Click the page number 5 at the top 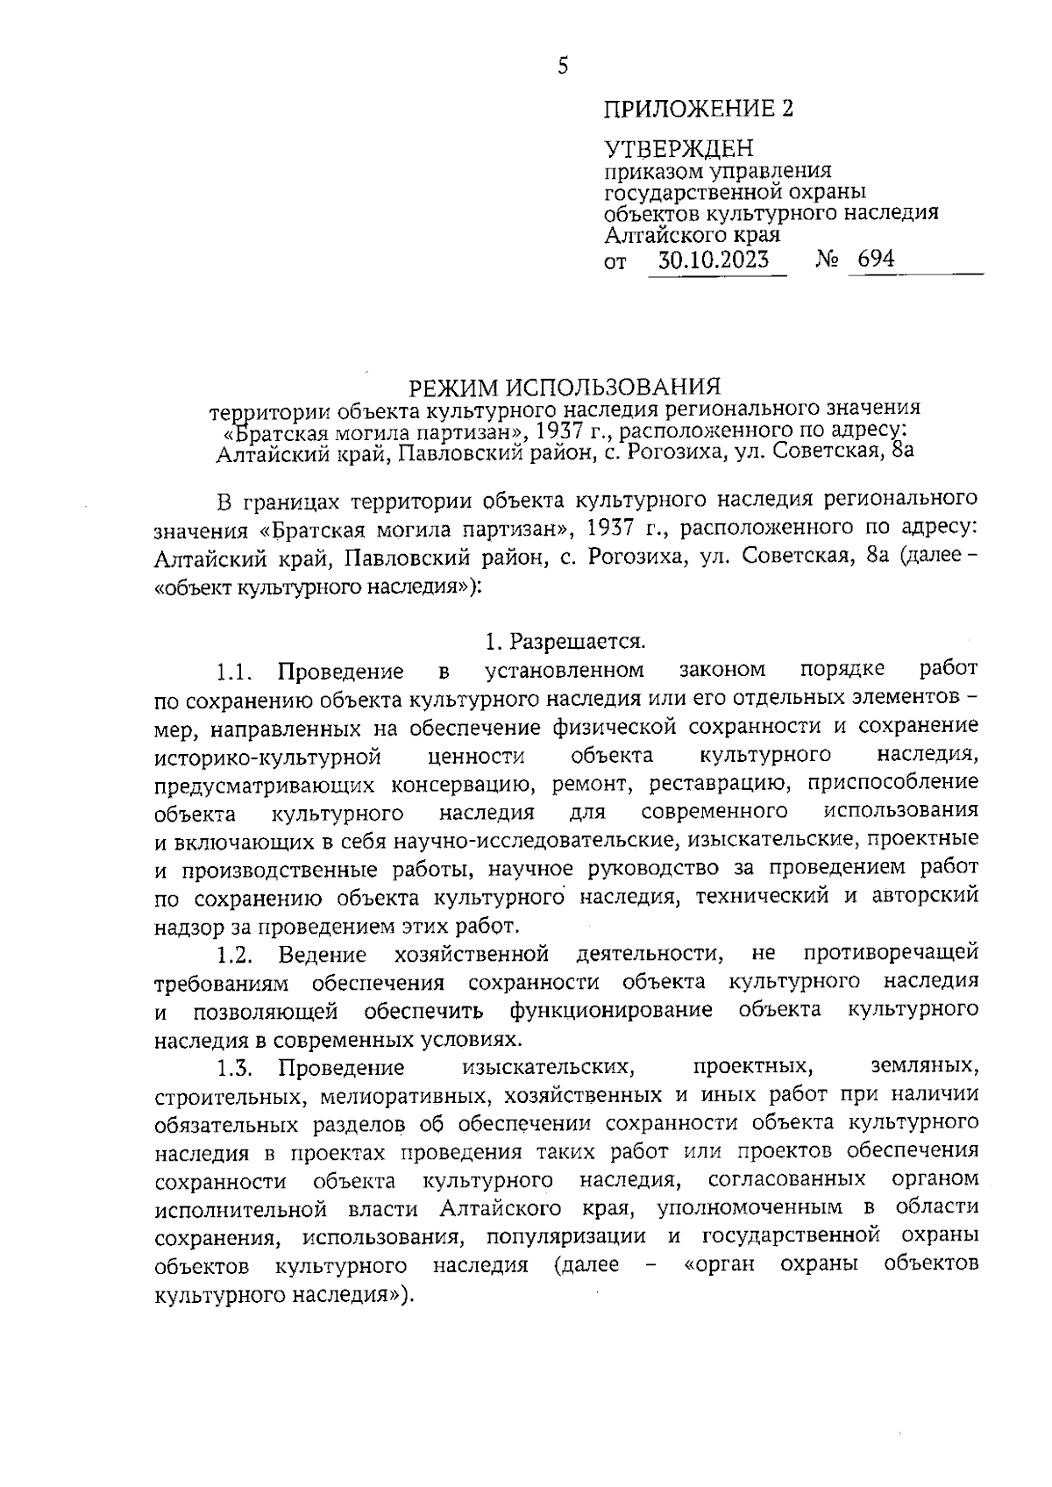562,66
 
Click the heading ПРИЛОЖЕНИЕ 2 698,109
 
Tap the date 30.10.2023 714,260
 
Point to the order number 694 876,260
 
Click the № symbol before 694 828,260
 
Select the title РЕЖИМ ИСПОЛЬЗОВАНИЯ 565,387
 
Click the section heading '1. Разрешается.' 565,642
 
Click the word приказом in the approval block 649,171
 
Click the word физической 614,727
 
